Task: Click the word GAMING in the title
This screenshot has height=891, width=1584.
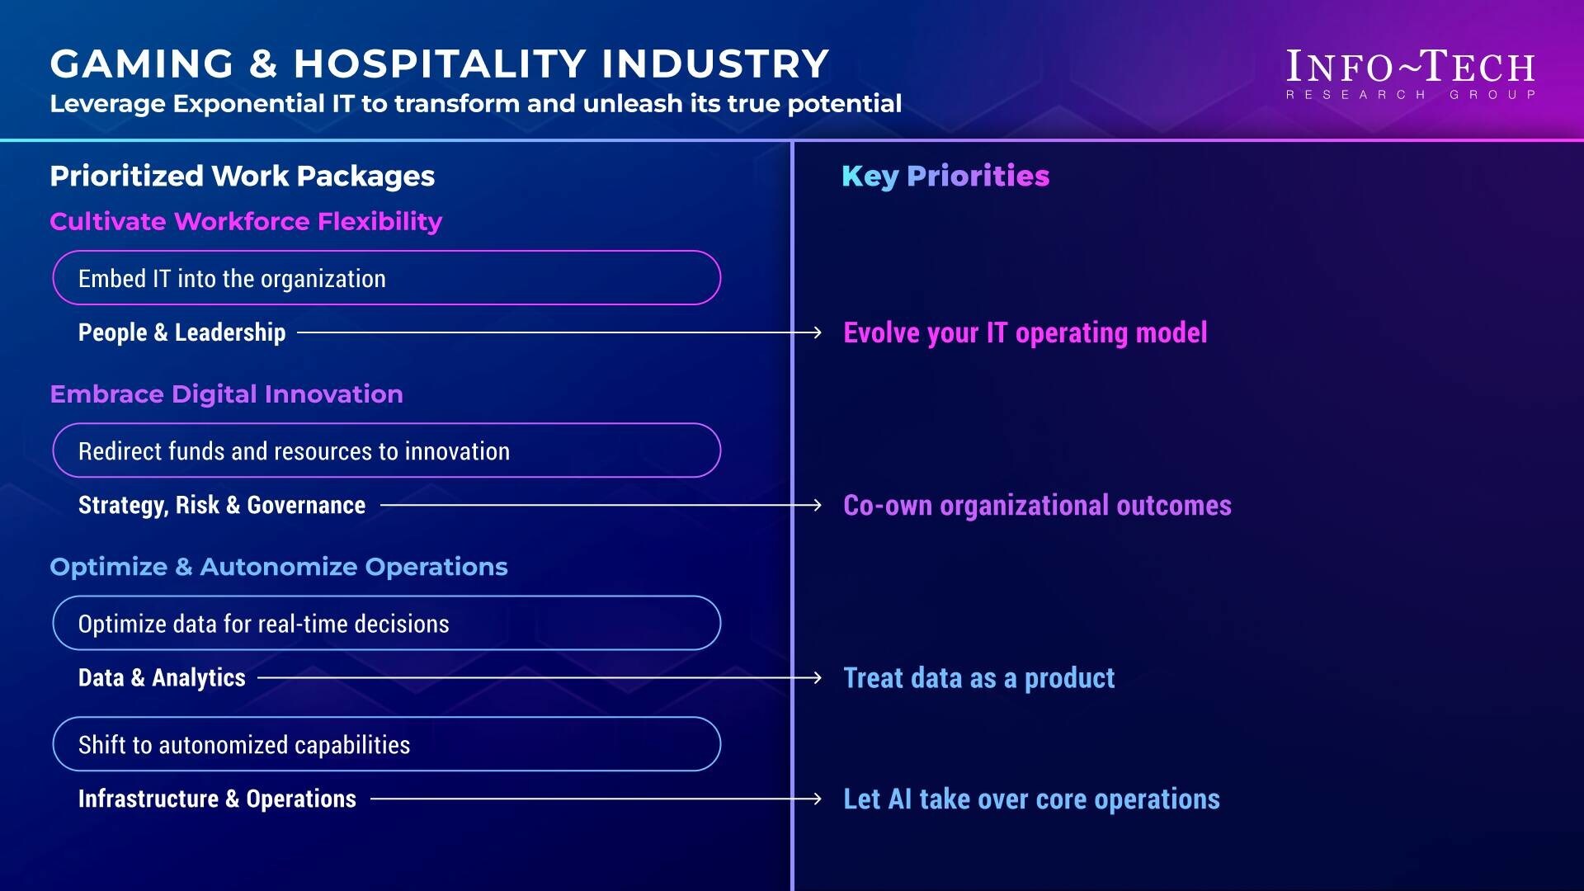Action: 142,64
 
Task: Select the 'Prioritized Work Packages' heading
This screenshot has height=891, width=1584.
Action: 242,176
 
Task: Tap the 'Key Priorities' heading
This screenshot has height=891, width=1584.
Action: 945,176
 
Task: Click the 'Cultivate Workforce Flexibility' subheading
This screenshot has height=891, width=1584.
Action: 246,221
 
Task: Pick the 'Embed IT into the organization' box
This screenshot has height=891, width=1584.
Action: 387,278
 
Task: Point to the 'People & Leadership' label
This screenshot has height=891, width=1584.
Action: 181,332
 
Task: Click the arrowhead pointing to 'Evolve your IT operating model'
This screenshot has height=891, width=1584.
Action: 817,332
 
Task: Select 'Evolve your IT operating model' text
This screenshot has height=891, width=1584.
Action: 1025,332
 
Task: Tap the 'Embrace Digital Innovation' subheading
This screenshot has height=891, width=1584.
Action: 226,394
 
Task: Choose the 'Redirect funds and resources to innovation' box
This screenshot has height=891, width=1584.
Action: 387,450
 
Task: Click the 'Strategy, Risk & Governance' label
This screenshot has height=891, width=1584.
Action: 221,505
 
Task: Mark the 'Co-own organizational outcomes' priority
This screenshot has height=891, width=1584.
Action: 1037,505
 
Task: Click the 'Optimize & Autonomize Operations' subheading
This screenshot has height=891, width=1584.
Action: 279,567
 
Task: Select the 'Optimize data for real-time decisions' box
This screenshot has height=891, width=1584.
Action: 387,623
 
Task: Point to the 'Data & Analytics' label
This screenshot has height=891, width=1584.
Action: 162,677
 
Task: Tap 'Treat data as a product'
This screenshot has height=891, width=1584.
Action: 978,677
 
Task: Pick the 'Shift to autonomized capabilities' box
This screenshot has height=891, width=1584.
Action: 387,744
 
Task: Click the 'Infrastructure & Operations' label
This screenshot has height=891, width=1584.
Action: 217,799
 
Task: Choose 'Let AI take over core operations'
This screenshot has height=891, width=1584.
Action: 1031,799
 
